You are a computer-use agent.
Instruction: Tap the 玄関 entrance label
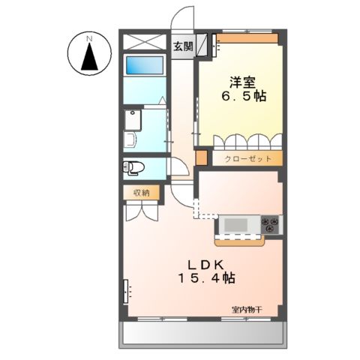(183, 46)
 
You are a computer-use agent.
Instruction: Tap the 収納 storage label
(142, 192)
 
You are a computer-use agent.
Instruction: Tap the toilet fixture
(135, 167)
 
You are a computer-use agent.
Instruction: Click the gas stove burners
(271, 223)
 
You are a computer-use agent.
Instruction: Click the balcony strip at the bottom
(202, 332)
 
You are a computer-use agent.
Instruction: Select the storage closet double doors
(142, 211)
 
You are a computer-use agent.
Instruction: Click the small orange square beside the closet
(201, 158)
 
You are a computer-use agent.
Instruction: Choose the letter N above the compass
(88, 37)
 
